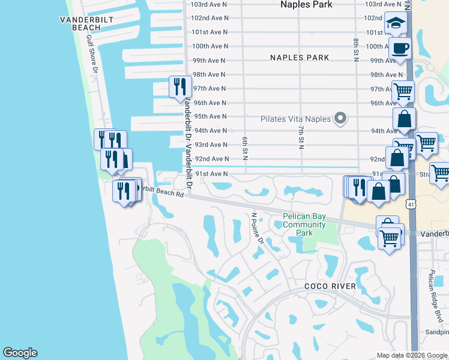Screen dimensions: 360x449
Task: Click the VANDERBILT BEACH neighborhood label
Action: tap(80, 23)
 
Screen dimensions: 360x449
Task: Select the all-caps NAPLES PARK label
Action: tap(300, 58)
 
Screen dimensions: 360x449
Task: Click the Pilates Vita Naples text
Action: tap(295, 119)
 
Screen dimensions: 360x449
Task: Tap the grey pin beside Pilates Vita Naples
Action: tap(340, 118)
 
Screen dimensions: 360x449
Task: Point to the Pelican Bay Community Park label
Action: tap(304, 225)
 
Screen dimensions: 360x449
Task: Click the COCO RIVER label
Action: tap(330, 286)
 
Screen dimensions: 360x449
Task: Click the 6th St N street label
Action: tap(246, 148)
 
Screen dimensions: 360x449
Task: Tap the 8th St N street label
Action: tap(356, 50)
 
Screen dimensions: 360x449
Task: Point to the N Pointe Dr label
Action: tap(258, 227)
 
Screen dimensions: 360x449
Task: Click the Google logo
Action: tap(20, 353)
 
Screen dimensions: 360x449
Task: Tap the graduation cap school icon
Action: tap(396, 24)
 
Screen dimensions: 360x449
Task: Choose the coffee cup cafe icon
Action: tap(400, 48)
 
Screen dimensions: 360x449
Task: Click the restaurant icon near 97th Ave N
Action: tap(180, 88)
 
